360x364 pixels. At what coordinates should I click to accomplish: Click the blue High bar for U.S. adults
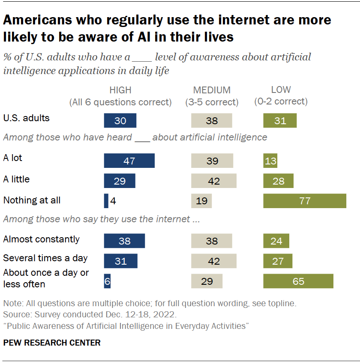120,121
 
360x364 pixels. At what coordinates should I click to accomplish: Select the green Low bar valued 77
304,201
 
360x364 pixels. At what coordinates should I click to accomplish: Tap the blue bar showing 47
129,161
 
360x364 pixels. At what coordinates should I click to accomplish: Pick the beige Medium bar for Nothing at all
201,201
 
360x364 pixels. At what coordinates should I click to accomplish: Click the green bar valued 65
298,281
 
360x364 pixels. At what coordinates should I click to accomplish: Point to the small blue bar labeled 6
107,281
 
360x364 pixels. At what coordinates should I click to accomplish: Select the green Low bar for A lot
270,161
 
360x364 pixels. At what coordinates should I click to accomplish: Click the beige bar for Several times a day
213,261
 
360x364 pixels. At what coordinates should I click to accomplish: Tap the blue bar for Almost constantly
124,241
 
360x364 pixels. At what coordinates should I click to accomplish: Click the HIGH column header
120,90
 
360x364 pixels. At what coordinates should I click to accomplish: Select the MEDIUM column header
212,90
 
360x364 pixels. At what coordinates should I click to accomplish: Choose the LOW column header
281,90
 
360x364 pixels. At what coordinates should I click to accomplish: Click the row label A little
16,179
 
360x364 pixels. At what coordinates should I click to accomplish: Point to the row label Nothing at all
32,200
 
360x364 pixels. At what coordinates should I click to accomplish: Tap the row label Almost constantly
41,239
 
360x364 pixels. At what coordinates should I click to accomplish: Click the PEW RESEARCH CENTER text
52,343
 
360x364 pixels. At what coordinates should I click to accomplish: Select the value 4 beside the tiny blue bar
113,201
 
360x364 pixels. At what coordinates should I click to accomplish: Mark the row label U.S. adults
26,118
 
